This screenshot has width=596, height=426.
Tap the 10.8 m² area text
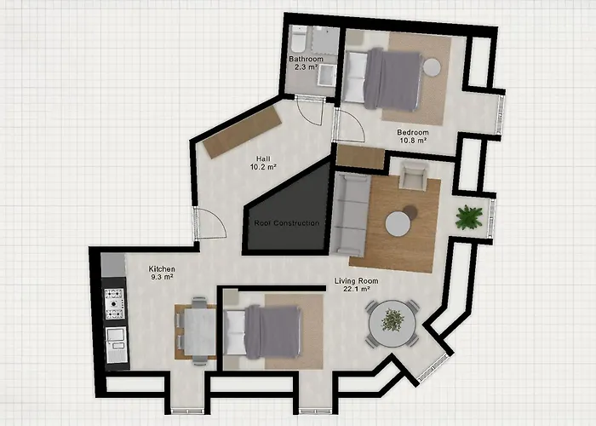pyautogui.click(x=413, y=144)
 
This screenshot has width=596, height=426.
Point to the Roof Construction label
pyautogui.click(x=287, y=223)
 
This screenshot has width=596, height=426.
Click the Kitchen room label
pyautogui.click(x=162, y=268)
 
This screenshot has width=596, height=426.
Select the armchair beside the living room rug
pyautogui.click(x=414, y=176)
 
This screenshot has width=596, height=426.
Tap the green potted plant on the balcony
pyautogui.click(x=468, y=217)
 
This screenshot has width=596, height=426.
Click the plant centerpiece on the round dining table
pyautogui.click(x=393, y=320)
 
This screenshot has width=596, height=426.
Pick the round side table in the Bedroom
pyautogui.click(x=433, y=66)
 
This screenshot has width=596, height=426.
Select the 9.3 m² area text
pyautogui.click(x=162, y=277)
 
